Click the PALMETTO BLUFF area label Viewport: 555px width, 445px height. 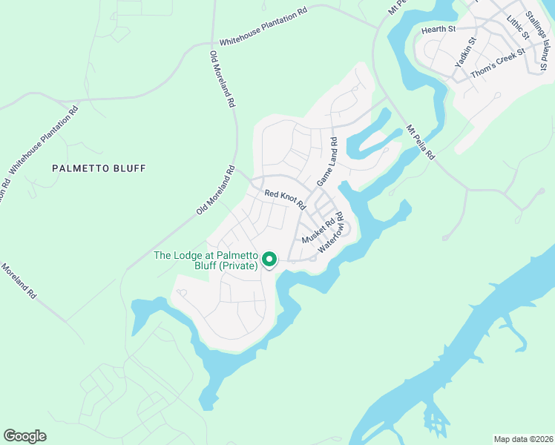(99, 168)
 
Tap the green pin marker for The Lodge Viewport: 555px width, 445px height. (269, 260)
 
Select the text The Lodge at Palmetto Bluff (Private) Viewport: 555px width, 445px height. (205, 260)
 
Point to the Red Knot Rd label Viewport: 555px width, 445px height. (286, 199)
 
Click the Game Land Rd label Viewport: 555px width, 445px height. (327, 162)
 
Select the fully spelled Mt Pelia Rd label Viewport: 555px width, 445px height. (420, 145)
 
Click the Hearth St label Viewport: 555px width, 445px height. (438, 29)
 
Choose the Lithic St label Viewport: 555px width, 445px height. (515, 27)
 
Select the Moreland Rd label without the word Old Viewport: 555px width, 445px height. (19, 280)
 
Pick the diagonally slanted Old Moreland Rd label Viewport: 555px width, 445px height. (216, 191)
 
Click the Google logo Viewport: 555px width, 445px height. (24, 436)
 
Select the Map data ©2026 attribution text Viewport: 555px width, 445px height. (523, 438)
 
